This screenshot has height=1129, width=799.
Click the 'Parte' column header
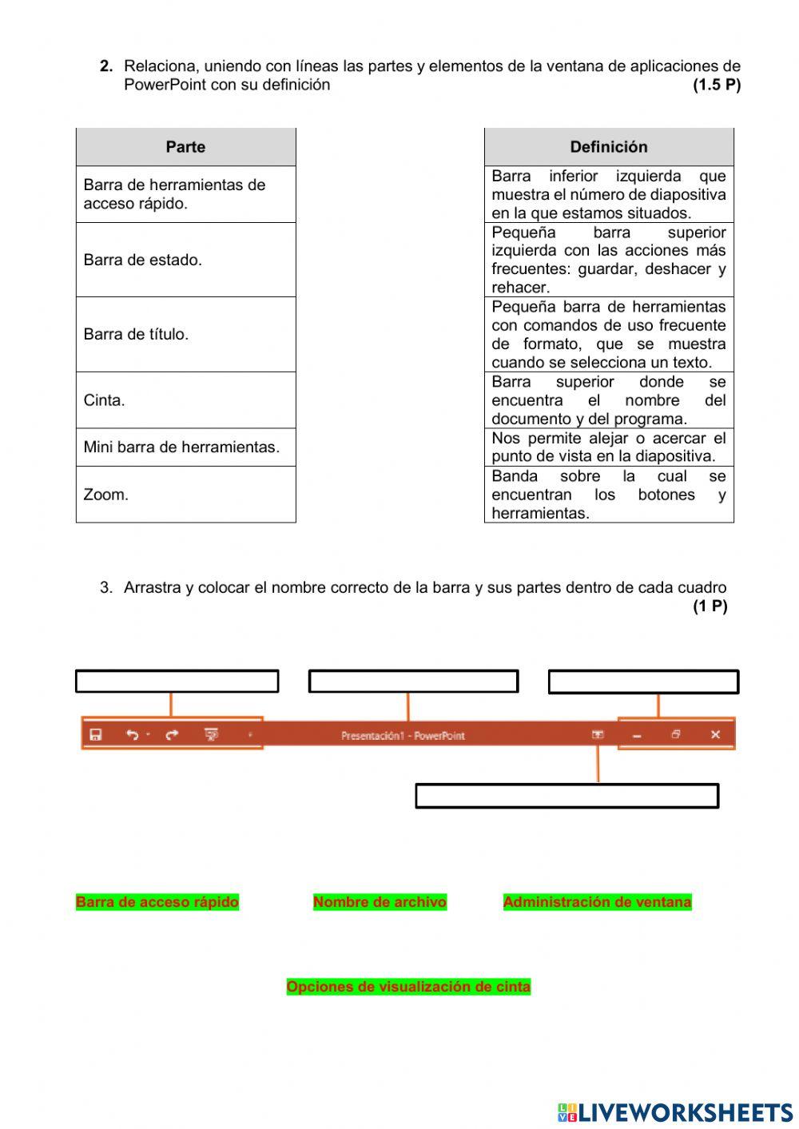click(185, 147)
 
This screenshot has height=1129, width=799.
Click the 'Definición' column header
click(609, 147)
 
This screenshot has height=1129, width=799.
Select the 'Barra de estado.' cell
click(185, 260)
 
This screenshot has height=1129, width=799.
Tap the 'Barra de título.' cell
click(185, 334)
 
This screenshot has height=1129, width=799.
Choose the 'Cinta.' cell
click(185, 400)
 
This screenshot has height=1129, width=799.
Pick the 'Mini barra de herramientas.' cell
click(185, 447)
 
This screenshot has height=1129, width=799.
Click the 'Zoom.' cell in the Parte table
click(185, 495)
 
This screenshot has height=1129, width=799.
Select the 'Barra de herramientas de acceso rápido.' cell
click(185, 194)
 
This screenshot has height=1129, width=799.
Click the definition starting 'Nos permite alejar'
click(609, 447)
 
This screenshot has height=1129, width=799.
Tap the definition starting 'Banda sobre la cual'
click(609, 495)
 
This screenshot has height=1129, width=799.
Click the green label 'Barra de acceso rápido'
click(157, 902)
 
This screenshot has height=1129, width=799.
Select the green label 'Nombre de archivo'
click(380, 902)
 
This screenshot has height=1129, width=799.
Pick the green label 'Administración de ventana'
click(597, 902)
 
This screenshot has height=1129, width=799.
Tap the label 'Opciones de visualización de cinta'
click(408, 987)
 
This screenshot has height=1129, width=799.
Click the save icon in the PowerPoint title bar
click(96, 734)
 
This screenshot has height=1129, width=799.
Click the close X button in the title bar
click(715, 734)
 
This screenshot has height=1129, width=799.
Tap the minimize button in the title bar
click(637, 735)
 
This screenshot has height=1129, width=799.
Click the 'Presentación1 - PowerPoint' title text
click(403, 735)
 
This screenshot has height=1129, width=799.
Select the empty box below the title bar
click(567, 796)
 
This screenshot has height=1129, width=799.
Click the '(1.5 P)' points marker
click(717, 85)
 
